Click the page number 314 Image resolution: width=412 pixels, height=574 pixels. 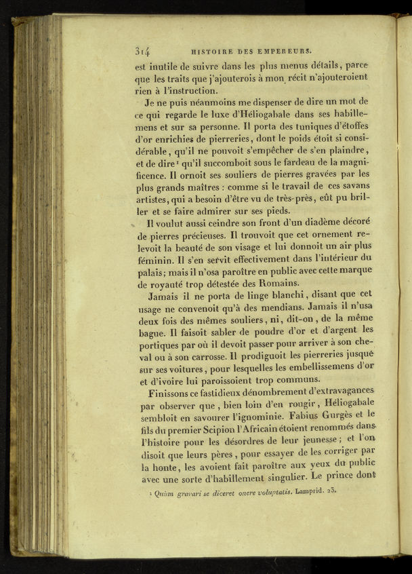pyautogui.click(x=142, y=50)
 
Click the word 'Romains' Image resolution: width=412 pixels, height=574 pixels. pyautogui.click(x=274, y=283)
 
